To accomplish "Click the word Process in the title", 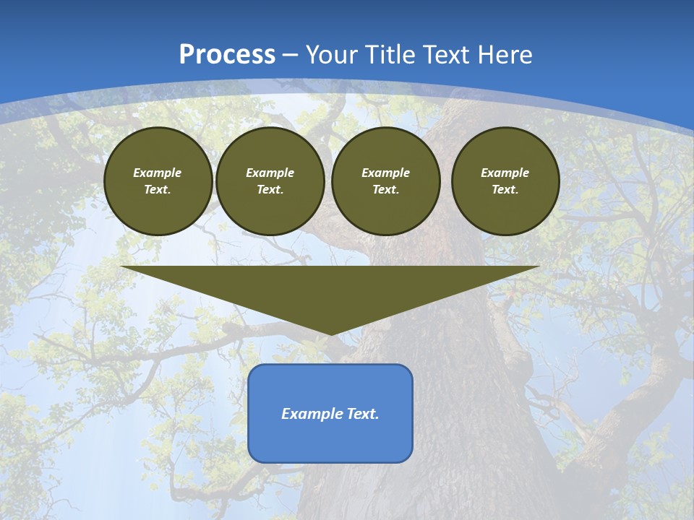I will [227, 55].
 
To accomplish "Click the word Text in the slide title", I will [447, 55].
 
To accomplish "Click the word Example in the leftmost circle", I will [158, 173].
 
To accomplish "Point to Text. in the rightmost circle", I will [505, 189].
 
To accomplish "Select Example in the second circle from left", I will [270, 173].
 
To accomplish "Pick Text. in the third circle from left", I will [385, 189].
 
